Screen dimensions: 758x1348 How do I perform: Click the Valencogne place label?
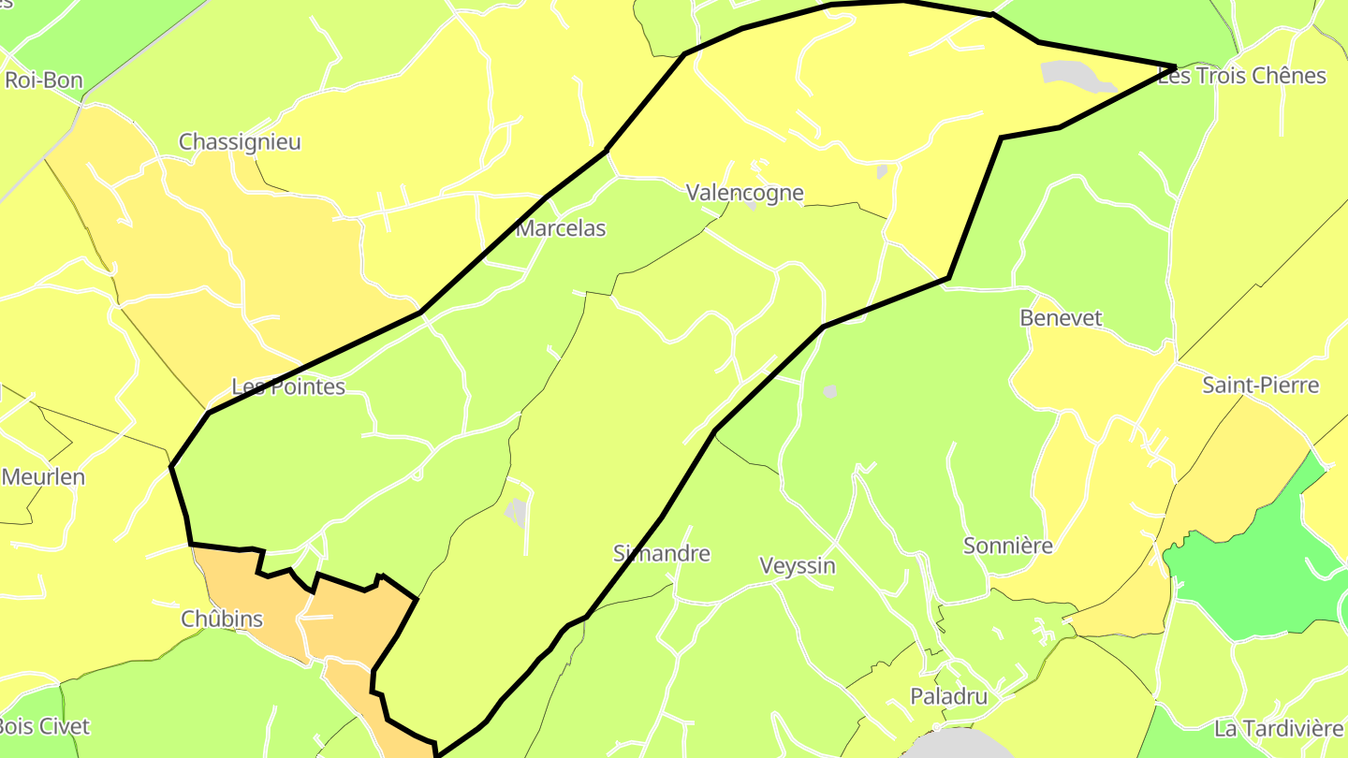click(744, 193)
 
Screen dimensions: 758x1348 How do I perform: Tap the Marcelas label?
click(561, 228)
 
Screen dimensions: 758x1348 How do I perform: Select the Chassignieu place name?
click(240, 142)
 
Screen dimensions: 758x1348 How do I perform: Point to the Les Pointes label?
click(288, 386)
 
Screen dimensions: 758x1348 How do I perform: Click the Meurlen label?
click(43, 477)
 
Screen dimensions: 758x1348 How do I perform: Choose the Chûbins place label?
click(222, 620)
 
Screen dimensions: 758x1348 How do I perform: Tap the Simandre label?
click(661, 553)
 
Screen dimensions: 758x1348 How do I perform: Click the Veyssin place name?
click(798, 566)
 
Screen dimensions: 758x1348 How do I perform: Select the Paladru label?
click(949, 696)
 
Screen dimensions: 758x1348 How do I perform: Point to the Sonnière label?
click(1008, 546)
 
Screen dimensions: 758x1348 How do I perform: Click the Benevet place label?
click(1061, 318)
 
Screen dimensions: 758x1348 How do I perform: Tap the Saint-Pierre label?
click(1260, 386)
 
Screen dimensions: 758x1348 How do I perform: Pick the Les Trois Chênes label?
click(1242, 77)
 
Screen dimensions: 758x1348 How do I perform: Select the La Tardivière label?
click(1278, 728)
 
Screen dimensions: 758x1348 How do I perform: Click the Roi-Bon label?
click(44, 80)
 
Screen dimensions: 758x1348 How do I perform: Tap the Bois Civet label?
click(43, 726)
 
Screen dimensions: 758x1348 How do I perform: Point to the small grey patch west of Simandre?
click(515, 511)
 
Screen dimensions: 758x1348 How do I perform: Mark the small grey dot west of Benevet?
click(829, 391)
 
